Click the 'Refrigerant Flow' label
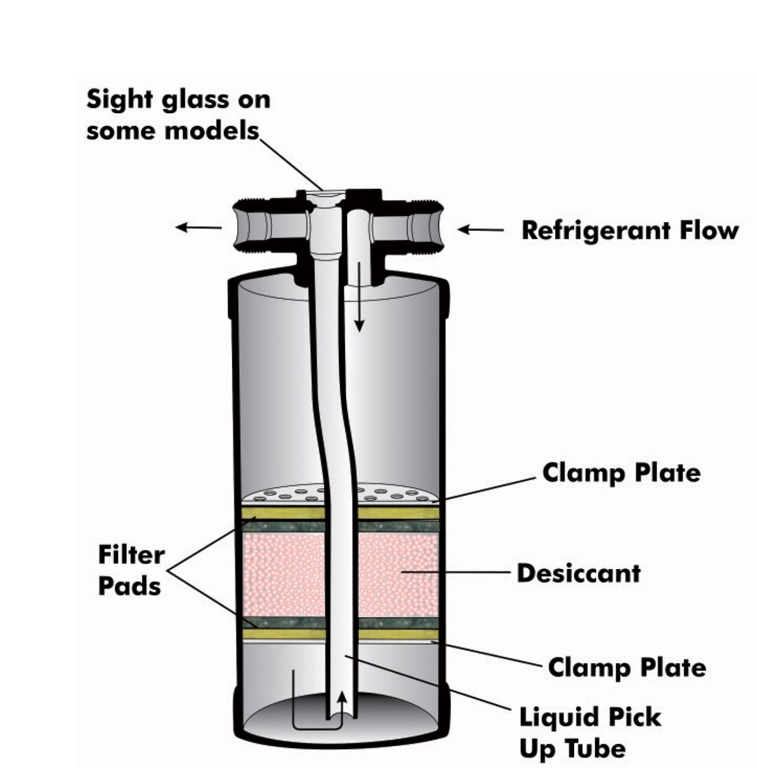pos(629,231)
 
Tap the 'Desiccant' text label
pos(578,573)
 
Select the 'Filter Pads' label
pos(131,570)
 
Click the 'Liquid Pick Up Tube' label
pos(590,733)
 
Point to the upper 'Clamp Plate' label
pos(621,472)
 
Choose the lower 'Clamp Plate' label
pos(626,668)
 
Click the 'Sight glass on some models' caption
pos(178,114)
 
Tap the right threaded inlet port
pos(421,224)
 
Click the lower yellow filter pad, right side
pos(397,634)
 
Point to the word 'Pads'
pos(129,586)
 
